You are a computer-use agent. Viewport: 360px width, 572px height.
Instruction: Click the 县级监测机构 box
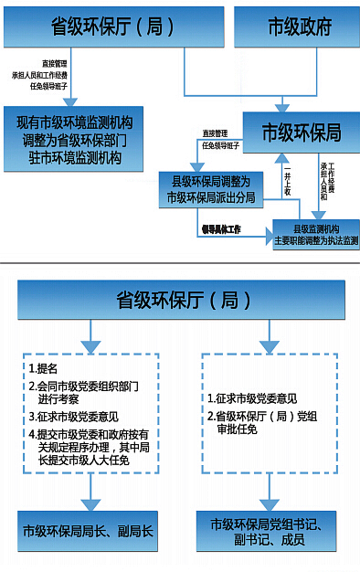[x=316, y=234]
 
